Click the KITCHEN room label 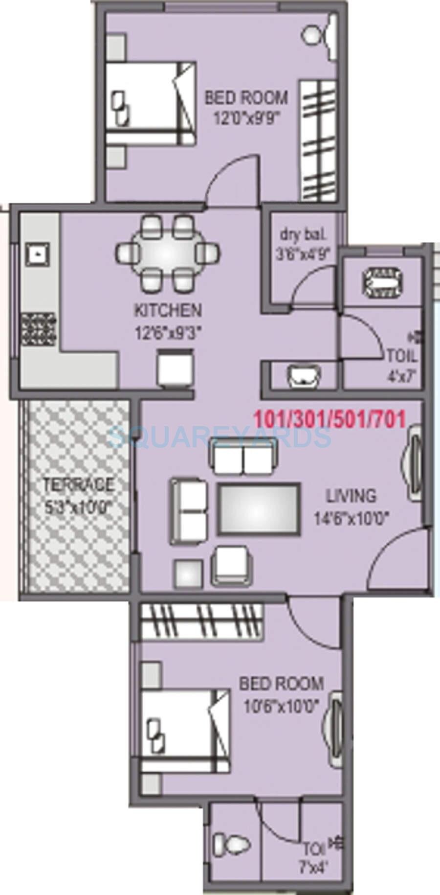tap(168, 310)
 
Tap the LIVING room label tap(351, 496)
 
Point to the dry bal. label tap(303, 234)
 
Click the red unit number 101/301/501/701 tap(330, 419)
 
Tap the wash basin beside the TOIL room tap(303, 376)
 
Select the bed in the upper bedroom tap(151, 103)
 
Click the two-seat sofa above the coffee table tap(243, 454)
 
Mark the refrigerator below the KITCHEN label tap(175, 368)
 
